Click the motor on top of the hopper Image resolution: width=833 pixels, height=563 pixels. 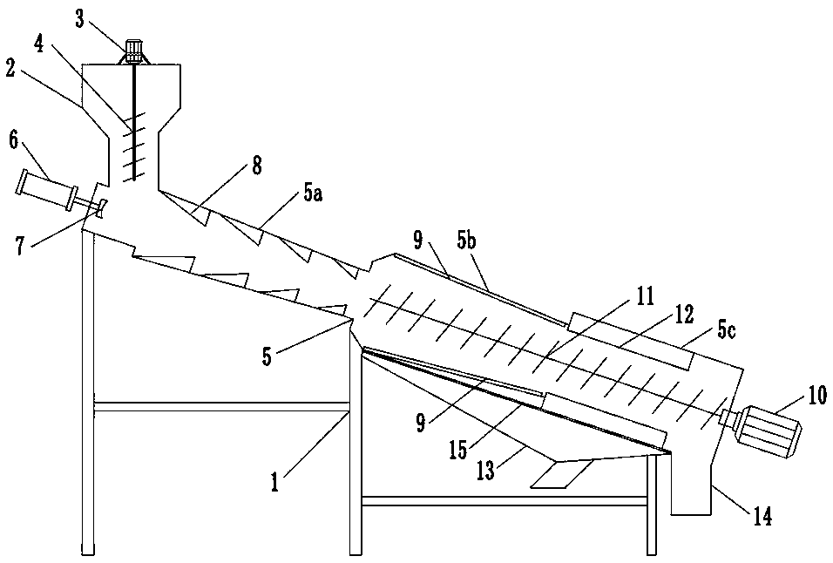coord(134,51)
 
